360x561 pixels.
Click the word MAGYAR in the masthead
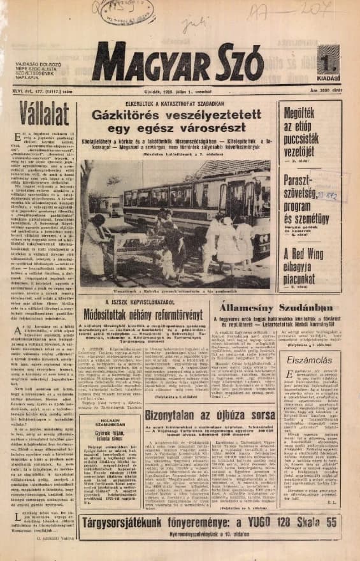pyautogui.click(x=149, y=64)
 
